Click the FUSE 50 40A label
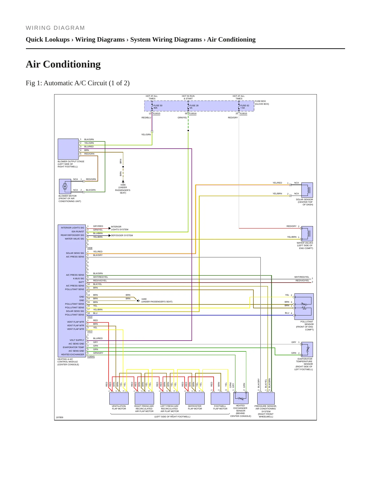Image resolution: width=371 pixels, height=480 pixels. click(x=158, y=107)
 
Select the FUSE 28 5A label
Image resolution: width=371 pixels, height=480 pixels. click(x=194, y=107)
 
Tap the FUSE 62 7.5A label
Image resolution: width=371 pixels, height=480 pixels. click(x=245, y=107)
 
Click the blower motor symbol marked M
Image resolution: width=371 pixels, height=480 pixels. click(x=65, y=186)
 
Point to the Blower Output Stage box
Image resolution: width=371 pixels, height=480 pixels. click(x=68, y=149)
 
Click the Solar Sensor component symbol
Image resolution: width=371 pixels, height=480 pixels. click(x=307, y=190)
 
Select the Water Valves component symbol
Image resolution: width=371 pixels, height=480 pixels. click(x=307, y=234)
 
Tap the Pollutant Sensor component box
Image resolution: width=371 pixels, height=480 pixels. click(x=304, y=306)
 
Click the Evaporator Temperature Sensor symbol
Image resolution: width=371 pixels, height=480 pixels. click(x=307, y=349)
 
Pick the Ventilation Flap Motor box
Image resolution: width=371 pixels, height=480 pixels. click(x=119, y=398)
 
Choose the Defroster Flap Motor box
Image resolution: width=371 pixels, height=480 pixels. click(x=195, y=398)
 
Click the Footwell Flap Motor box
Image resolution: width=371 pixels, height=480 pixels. click(x=220, y=398)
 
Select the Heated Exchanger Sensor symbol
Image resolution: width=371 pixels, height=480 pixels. click(x=241, y=398)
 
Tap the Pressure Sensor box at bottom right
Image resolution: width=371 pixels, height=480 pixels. click(x=266, y=398)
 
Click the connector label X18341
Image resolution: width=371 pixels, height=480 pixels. click(x=91, y=357)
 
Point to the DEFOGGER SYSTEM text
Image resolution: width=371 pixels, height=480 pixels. click(x=122, y=235)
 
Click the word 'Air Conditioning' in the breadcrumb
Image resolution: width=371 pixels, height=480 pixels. click(x=231, y=40)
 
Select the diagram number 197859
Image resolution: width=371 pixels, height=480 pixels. click(x=60, y=417)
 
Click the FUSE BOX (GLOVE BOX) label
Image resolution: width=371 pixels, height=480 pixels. click(x=262, y=103)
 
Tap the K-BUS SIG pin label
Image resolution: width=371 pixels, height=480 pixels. click(x=79, y=279)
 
